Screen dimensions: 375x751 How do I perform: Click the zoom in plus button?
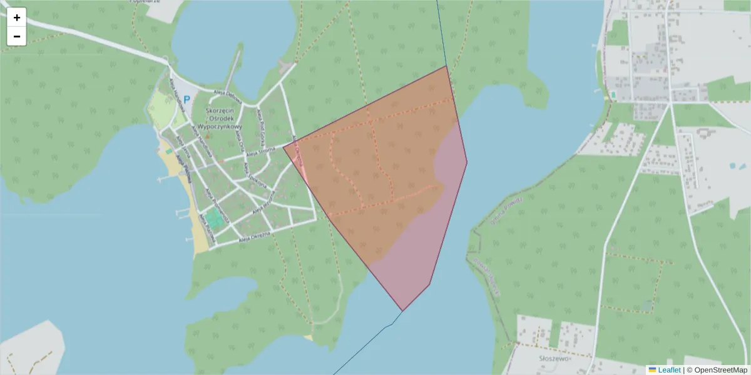point(17,17)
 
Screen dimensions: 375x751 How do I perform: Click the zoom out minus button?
point(17,36)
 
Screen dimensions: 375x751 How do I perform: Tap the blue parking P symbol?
point(186,99)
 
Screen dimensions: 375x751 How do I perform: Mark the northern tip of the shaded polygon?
point(446,66)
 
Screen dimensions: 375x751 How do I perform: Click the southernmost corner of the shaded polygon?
point(402,311)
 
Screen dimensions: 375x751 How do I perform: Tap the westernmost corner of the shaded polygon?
point(284,147)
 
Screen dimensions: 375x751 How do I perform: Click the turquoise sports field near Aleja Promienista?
point(214,218)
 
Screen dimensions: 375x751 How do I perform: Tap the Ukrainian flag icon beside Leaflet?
point(652,370)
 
